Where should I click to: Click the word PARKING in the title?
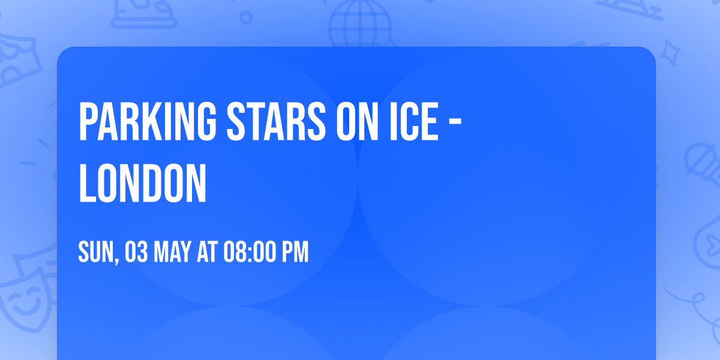coord(148,122)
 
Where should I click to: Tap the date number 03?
coord(136,253)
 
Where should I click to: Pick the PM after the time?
coord(296,253)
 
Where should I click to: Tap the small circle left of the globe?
coord(246,19)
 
